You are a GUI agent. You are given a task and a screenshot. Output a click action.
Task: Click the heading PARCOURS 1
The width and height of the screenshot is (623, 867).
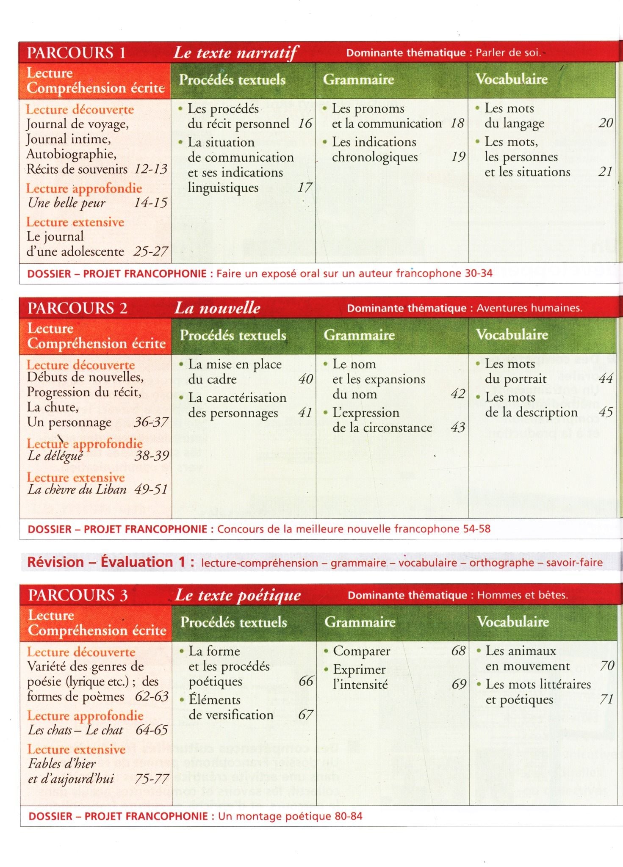[x=76, y=53]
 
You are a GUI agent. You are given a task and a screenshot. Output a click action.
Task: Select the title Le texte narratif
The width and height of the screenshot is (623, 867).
[x=236, y=53]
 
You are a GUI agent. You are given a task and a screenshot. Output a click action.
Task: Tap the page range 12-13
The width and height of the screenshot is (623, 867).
[x=151, y=169]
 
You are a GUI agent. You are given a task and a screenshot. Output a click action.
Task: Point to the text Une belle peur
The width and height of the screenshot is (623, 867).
[x=66, y=203]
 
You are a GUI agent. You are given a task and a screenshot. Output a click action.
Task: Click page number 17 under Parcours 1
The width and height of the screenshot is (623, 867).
[x=305, y=188]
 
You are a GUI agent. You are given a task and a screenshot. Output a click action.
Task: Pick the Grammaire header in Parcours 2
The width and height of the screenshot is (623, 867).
[x=359, y=335]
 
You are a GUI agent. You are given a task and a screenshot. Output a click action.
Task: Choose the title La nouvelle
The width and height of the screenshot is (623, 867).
[x=217, y=308]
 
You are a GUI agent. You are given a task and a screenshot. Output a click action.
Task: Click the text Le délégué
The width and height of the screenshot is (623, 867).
[x=55, y=456]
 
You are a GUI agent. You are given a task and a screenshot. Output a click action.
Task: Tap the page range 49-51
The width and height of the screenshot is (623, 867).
[x=151, y=490]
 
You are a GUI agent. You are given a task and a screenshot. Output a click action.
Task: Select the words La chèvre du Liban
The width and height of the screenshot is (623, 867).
[x=77, y=490]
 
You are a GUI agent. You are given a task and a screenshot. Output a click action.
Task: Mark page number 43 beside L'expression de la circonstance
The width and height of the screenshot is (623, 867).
[x=458, y=428]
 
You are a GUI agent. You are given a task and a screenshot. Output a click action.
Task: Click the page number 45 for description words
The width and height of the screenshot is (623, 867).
[x=606, y=412]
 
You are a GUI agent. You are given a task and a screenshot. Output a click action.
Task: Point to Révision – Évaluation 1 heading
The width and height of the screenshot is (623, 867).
[x=111, y=562]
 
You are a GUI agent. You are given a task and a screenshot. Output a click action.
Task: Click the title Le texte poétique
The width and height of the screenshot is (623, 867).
[x=238, y=595]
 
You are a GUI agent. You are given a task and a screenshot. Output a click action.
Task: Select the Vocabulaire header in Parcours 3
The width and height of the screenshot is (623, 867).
[x=513, y=621]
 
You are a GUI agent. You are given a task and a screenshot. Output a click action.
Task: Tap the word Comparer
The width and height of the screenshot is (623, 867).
[x=362, y=651]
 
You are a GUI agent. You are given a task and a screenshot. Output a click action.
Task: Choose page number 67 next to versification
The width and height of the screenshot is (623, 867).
[x=305, y=715]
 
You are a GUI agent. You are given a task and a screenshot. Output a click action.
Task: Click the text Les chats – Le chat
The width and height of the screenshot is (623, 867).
[x=75, y=730]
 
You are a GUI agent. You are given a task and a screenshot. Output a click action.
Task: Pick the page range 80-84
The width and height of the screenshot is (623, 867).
[x=349, y=816]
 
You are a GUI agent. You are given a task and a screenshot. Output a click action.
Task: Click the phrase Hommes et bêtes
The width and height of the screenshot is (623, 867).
[x=522, y=595]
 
